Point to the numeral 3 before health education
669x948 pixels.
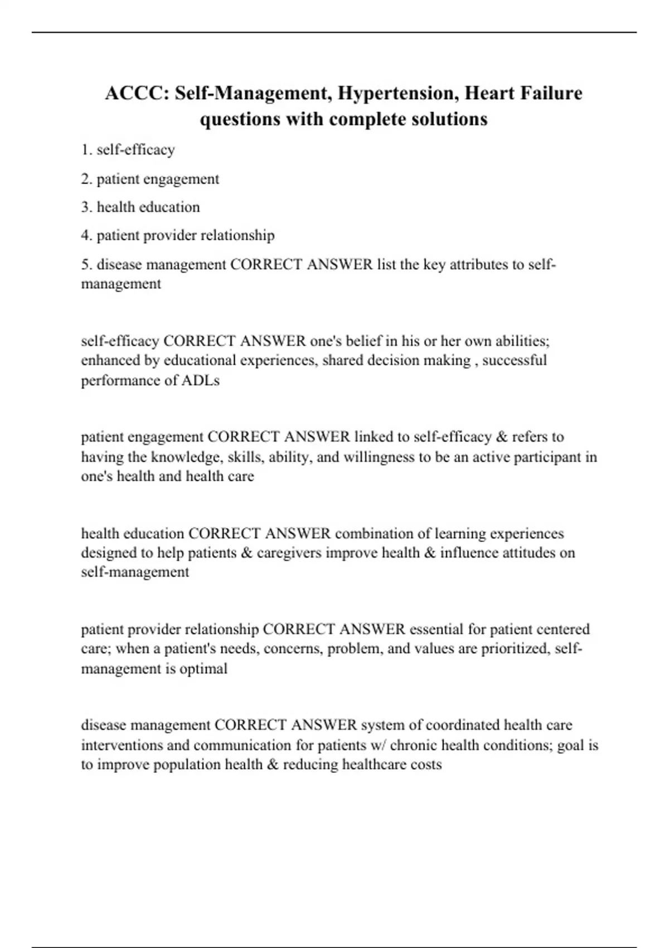(x=85, y=207)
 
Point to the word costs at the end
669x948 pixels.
(x=426, y=764)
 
